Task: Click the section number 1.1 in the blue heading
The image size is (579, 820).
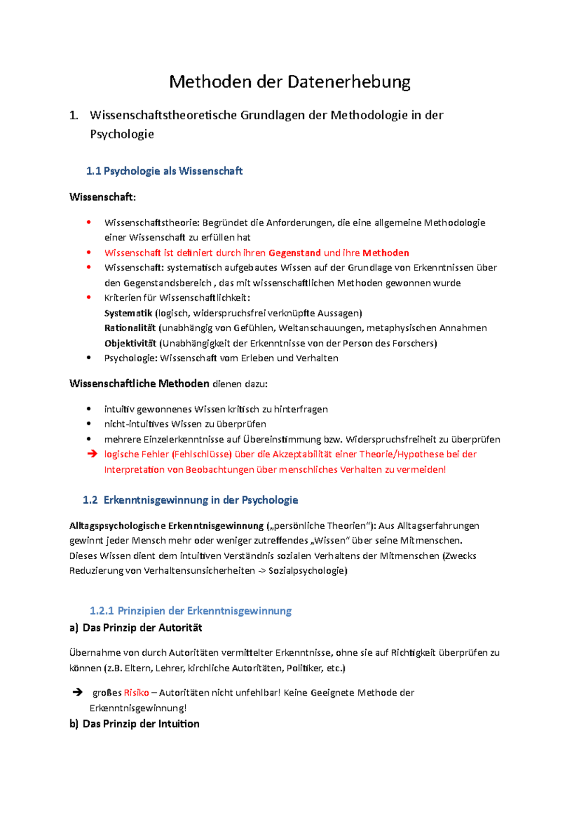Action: click(x=93, y=171)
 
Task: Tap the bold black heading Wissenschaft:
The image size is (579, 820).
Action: click(x=102, y=197)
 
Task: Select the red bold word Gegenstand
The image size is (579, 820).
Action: click(x=294, y=253)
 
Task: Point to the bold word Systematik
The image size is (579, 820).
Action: click(x=128, y=313)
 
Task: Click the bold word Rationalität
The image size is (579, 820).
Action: click(x=130, y=328)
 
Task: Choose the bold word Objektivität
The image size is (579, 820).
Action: click(x=130, y=343)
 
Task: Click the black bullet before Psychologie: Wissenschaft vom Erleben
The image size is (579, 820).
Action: click(x=88, y=358)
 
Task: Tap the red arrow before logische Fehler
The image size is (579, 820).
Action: click(x=92, y=454)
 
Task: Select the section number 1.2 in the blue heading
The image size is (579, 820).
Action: click(x=90, y=500)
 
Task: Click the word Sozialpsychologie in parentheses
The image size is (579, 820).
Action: click(x=307, y=570)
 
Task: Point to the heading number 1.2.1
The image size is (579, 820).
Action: click(x=101, y=610)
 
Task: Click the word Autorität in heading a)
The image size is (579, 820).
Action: click(x=179, y=627)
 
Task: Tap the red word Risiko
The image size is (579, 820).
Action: click(x=136, y=693)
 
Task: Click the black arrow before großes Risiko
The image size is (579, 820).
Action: click(x=77, y=693)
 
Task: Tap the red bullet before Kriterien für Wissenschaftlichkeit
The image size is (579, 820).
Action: click(x=88, y=297)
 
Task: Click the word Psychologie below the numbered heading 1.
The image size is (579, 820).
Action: click(x=122, y=134)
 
